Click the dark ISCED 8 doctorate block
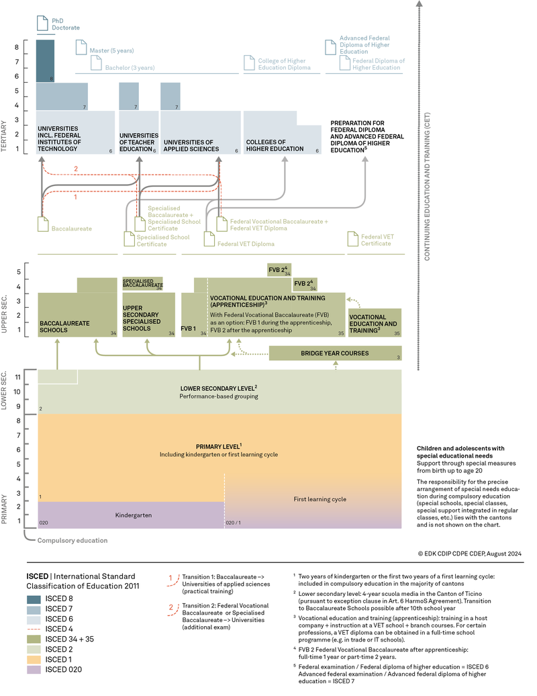click(x=45, y=60)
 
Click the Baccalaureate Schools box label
click(x=64, y=327)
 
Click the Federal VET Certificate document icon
click(x=353, y=239)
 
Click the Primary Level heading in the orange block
click(x=219, y=446)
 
